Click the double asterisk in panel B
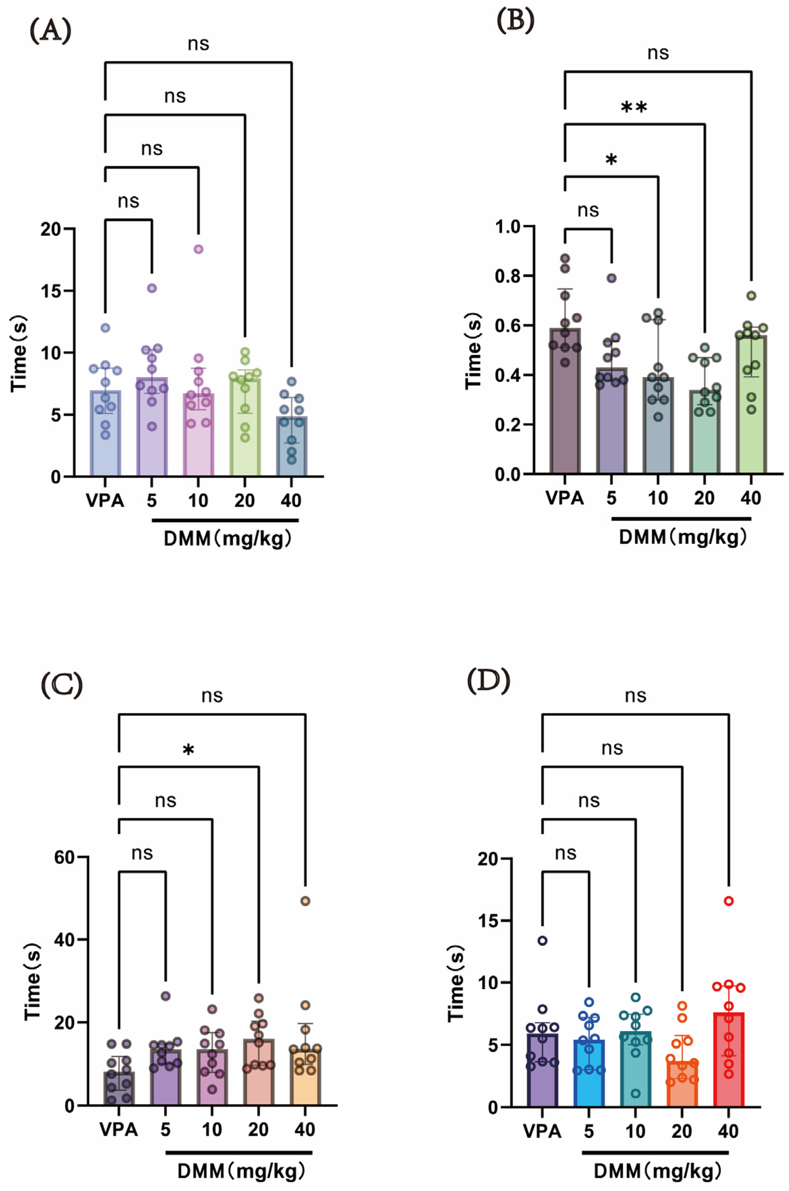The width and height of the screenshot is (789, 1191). click(x=634, y=107)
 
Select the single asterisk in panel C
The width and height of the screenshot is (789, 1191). click(x=188, y=751)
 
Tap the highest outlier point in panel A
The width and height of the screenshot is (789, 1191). click(x=199, y=249)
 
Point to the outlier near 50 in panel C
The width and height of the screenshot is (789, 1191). click(x=305, y=901)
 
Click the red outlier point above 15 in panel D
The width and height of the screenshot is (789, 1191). click(x=729, y=901)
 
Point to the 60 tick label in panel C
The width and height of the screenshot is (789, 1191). click(x=64, y=857)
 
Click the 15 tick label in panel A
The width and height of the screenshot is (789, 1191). click(x=51, y=291)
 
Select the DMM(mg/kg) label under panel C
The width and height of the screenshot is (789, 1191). click(x=241, y=1171)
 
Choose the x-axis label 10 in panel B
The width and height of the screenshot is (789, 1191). click(x=657, y=498)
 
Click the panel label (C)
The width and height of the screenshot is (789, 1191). click(x=61, y=685)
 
